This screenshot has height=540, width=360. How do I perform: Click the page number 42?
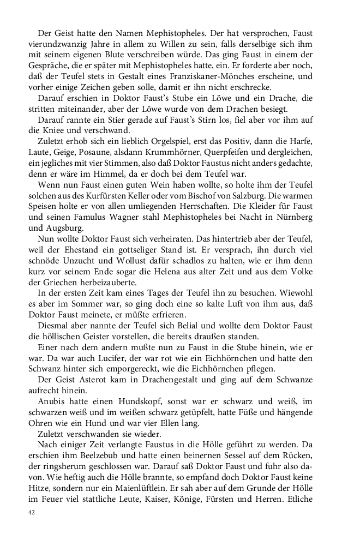[32, 513]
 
